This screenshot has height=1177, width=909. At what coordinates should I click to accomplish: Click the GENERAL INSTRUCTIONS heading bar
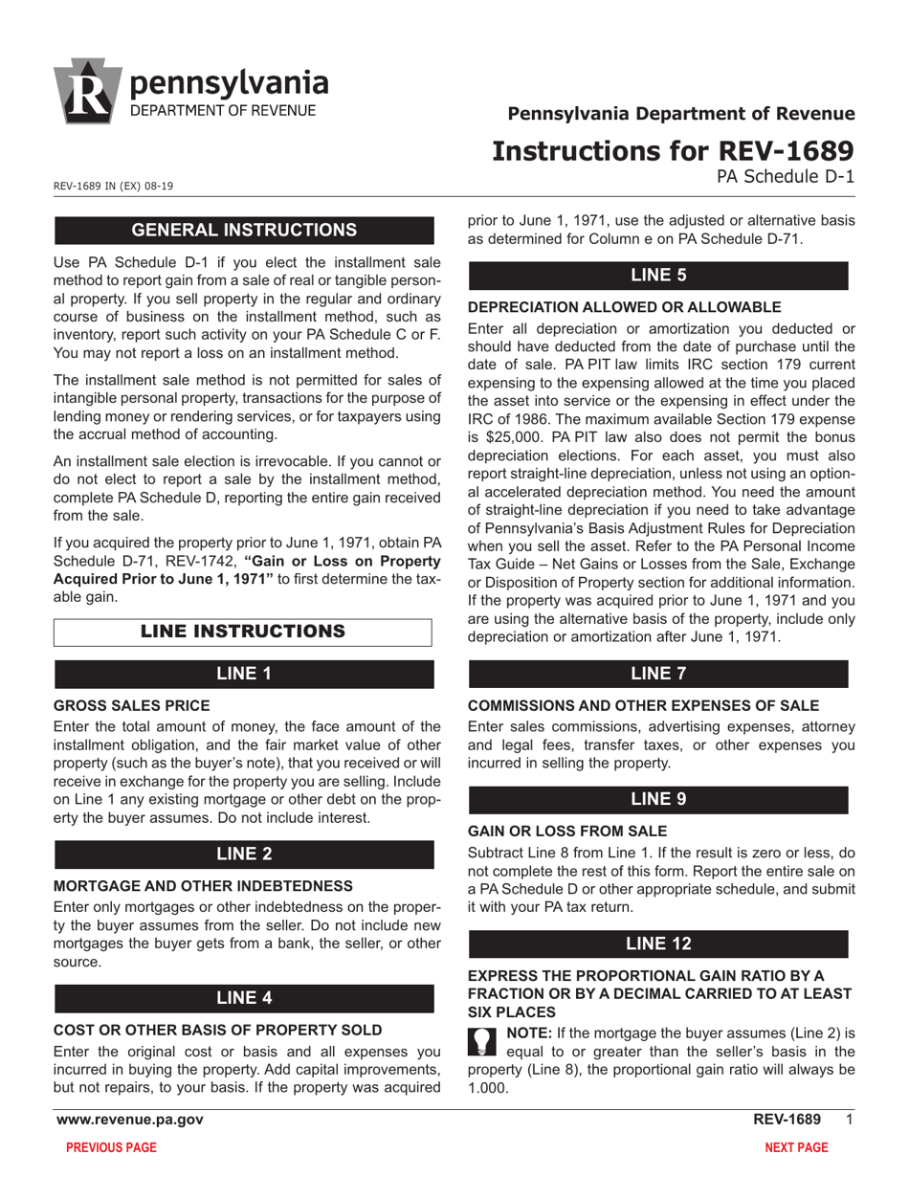click(x=244, y=231)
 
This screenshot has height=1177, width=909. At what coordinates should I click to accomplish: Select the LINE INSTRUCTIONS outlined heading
click(x=242, y=632)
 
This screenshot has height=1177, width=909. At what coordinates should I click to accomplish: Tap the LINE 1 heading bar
click(x=244, y=674)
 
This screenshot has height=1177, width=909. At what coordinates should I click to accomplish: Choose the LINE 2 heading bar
click(x=244, y=854)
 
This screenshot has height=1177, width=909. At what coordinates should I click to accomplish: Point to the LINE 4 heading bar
click(x=244, y=998)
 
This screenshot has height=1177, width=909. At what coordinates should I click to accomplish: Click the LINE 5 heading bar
click(x=658, y=276)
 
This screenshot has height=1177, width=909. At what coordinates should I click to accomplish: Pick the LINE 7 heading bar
click(x=658, y=674)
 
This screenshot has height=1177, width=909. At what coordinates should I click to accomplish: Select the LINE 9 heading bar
click(x=658, y=799)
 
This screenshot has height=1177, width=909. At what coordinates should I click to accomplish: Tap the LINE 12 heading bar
click(x=658, y=944)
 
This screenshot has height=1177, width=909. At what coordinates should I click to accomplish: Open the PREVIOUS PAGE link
click(x=111, y=1147)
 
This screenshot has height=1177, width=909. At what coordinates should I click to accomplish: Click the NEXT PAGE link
click(x=796, y=1147)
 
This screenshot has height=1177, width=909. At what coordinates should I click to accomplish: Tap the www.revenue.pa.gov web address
click(x=129, y=1119)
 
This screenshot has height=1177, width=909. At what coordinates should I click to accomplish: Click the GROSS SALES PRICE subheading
click(x=132, y=705)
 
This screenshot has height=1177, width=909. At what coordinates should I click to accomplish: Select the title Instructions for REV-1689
click(x=673, y=151)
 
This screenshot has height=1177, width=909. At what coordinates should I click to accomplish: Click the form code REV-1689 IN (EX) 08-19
click(x=113, y=186)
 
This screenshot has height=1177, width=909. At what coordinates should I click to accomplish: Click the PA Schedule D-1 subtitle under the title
click(x=786, y=176)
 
